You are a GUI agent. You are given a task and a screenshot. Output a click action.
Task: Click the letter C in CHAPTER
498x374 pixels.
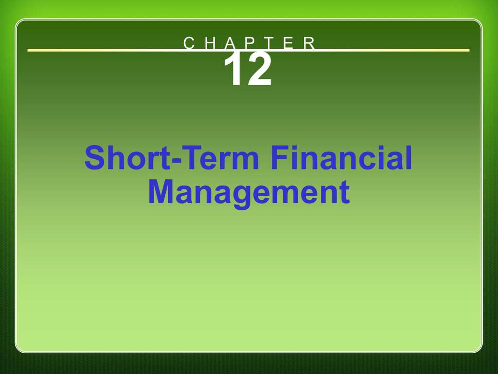[189, 43]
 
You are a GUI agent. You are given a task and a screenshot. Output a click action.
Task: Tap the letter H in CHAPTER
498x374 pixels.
[211, 43]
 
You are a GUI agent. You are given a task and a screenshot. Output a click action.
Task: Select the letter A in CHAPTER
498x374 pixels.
[230, 43]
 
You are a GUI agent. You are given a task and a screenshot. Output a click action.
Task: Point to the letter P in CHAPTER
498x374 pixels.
[251, 43]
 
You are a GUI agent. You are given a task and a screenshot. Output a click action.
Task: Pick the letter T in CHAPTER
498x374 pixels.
[269, 43]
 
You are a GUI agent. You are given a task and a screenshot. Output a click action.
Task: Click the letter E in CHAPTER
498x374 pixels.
[289, 43]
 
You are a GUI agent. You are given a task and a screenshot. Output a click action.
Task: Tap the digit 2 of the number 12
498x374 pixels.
[260, 69]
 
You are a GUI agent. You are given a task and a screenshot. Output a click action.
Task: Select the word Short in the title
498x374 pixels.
[128, 158]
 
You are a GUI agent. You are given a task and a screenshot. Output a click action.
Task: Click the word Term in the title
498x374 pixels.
[220, 158]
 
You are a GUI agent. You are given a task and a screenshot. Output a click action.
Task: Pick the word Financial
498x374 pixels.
[341, 158]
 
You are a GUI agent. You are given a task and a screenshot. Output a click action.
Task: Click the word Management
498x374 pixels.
[249, 193]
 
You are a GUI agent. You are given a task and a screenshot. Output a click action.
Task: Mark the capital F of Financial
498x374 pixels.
[280, 158]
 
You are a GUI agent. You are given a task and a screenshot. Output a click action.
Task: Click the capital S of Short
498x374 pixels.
[95, 158]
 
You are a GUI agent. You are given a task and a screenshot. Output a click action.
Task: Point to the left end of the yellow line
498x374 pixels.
[28, 50]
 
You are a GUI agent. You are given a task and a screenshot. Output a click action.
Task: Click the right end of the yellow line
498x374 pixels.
[469, 50]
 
